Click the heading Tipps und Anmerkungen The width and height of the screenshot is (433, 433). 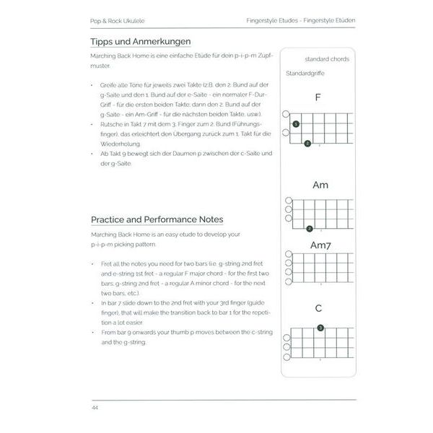coord(141,42)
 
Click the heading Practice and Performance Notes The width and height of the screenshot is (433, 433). coord(157,219)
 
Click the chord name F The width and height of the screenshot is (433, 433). coord(317,97)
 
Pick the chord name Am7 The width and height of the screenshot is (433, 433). coord(320,245)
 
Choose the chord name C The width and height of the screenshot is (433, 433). coord(318,309)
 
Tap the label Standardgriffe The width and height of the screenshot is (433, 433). coord(306,74)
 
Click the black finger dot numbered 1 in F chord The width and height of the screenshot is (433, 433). coord(296,126)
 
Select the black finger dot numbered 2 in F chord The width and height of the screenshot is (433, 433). coord(307,144)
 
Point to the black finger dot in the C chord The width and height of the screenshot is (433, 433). coord(320,328)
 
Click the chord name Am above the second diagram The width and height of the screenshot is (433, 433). coord(320,185)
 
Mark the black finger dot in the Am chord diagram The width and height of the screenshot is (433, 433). coord(309,229)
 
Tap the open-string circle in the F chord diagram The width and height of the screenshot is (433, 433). coord(286,115)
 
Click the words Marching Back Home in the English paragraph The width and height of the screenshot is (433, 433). coord(119,235)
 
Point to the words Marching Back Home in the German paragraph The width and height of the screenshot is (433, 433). coord(119,56)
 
